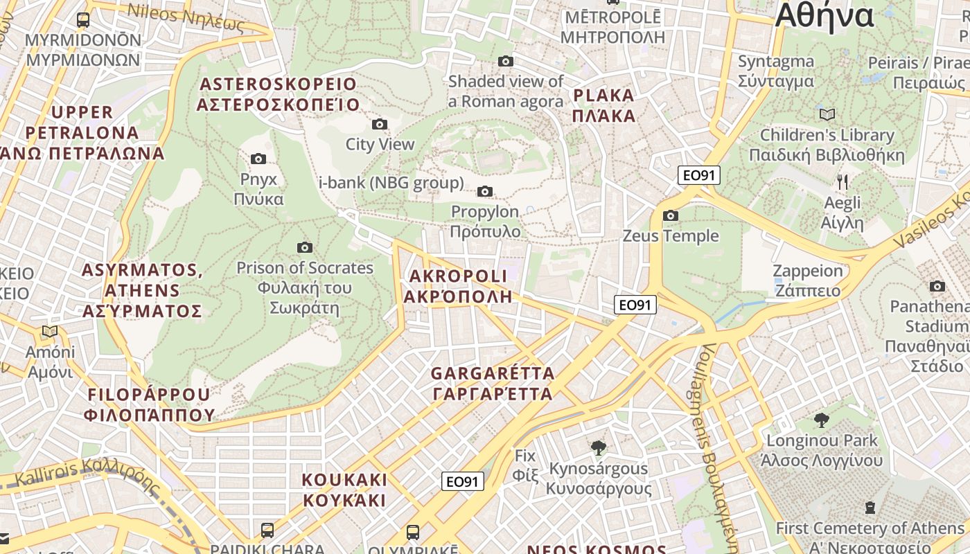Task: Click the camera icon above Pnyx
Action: [258, 159]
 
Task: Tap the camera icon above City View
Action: [380, 125]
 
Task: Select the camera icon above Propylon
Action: [485, 192]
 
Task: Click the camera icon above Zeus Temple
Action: [670, 216]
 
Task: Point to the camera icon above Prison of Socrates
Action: [304, 248]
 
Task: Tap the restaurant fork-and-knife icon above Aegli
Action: [843, 182]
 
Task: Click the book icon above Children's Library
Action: [827, 114]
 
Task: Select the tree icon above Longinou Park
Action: [821, 420]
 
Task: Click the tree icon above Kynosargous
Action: [599, 448]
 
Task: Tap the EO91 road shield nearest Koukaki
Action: [462, 481]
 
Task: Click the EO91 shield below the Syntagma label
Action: [699, 175]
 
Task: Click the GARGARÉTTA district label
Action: [492, 384]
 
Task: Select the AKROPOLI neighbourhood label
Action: [459, 286]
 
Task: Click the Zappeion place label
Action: [808, 280]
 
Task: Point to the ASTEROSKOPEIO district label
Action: [278, 95]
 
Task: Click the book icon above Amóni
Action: [50, 332]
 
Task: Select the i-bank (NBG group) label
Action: [391, 184]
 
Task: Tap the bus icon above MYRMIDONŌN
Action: [83, 19]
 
